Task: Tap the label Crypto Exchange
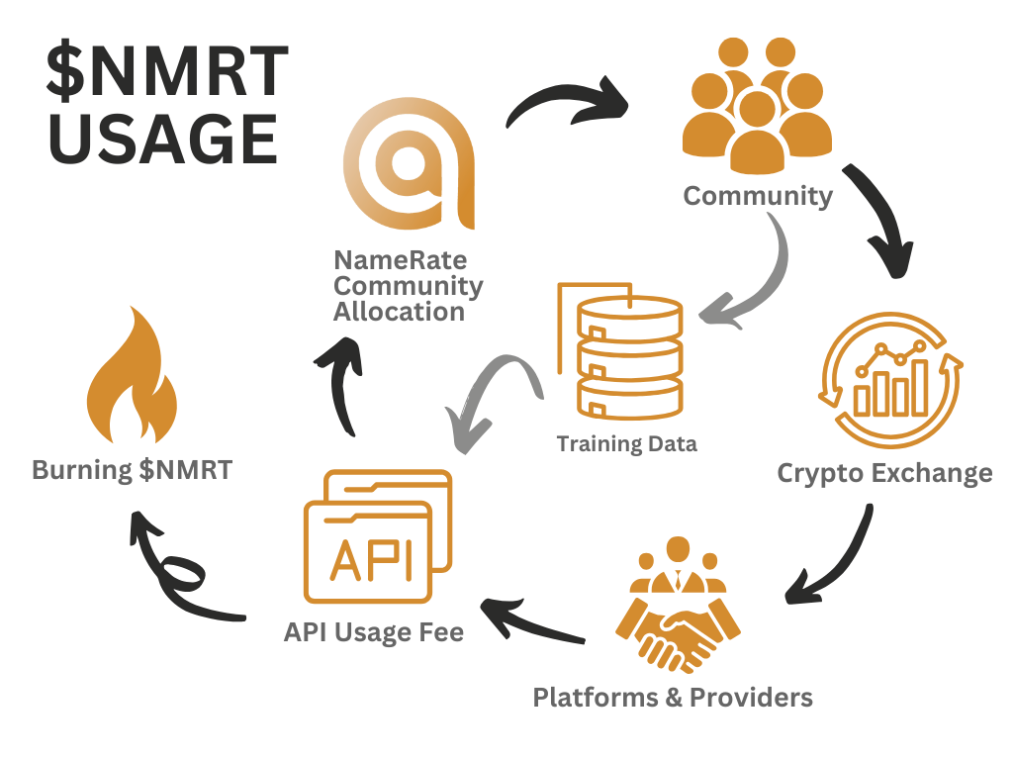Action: (x=884, y=472)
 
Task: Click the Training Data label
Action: (x=626, y=443)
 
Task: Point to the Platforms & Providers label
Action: (x=673, y=697)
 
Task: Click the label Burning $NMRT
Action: (x=132, y=469)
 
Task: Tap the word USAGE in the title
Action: (x=163, y=139)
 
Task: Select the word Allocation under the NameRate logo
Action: (x=399, y=312)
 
